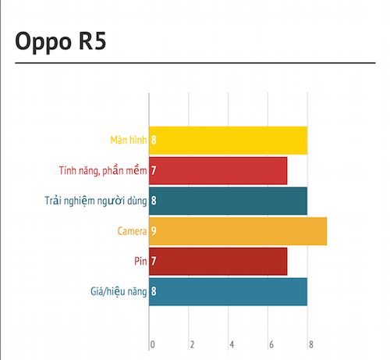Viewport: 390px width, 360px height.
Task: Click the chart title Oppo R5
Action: pos(61,41)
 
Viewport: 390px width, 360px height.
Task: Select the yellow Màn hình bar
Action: pos(228,141)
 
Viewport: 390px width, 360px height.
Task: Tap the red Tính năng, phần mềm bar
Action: pos(218,170)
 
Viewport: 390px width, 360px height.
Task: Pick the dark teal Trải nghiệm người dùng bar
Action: pos(228,201)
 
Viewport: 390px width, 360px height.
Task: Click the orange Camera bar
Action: pos(238,231)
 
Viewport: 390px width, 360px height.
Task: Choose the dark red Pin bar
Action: pos(218,262)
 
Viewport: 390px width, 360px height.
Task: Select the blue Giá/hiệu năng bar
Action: pos(228,291)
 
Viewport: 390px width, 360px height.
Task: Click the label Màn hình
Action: pos(129,140)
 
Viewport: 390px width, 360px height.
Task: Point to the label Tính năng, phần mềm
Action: pos(103,171)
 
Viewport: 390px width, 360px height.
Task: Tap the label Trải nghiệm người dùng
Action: pos(96,201)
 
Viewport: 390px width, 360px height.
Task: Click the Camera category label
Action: pos(132,231)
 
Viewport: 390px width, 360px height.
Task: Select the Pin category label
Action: pos(140,261)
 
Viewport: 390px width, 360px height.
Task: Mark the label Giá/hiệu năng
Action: pos(119,291)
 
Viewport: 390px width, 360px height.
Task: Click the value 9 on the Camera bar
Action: pos(154,231)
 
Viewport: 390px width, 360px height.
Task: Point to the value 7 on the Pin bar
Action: pos(154,261)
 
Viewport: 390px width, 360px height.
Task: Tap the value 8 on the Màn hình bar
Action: pos(154,140)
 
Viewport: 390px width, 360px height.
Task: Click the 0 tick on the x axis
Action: pos(153,344)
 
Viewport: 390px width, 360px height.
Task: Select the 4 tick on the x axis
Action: pos(232,344)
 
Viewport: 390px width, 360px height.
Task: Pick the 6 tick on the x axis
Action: pos(271,344)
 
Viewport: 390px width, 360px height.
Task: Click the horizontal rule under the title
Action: pos(195,63)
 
